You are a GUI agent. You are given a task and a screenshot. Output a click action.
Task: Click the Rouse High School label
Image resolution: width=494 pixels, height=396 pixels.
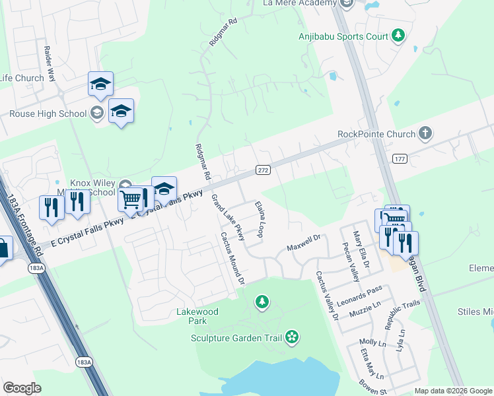pos(48,114)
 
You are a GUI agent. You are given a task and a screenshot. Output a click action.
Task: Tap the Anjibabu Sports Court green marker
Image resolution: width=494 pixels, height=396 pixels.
pos(398,36)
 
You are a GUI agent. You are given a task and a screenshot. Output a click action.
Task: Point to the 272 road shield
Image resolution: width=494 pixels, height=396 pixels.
pos(263,170)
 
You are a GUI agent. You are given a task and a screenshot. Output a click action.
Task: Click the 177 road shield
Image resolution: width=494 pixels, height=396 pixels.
pos(399,158)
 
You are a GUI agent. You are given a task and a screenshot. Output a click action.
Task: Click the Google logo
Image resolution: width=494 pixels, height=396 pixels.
pos(22,387)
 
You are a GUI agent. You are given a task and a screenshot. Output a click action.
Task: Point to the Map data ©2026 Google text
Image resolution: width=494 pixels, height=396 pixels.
pos(453,391)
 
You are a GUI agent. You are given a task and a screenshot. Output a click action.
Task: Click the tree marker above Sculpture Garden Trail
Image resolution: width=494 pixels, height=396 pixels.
pos(263,303)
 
